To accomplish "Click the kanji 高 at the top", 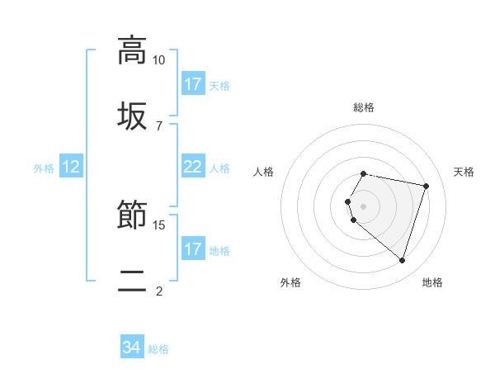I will pyautogui.click(x=132, y=50).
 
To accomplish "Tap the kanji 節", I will pyautogui.click(x=132, y=215).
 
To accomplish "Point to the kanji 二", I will pyautogui.click(x=132, y=279).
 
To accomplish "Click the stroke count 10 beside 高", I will pyautogui.click(x=158, y=60).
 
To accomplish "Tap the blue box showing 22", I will pyautogui.click(x=192, y=167).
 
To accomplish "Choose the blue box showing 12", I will pyautogui.click(x=71, y=167).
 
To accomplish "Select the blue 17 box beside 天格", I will pyautogui.click(x=193, y=84).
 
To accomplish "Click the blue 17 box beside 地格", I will pyautogui.click(x=193, y=248).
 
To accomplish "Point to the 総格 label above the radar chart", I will pyautogui.click(x=364, y=107).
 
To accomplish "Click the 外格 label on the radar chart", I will pyautogui.click(x=290, y=282).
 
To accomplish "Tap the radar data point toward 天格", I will pyautogui.click(x=426, y=186).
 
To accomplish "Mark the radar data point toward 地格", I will pyautogui.click(x=402, y=260).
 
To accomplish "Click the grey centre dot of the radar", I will pyautogui.click(x=364, y=206).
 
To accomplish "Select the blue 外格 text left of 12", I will pyautogui.click(x=44, y=168).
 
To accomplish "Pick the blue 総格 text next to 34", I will pyautogui.click(x=158, y=349).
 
